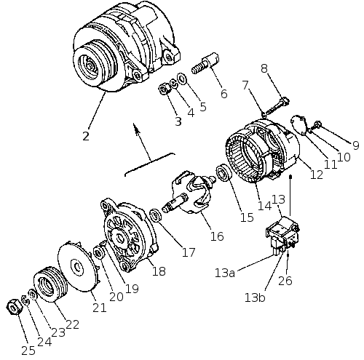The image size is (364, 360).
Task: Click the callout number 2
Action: [86, 136]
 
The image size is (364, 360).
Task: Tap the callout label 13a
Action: [225, 273]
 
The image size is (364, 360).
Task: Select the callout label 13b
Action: [255, 297]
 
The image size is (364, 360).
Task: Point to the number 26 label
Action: [285, 281]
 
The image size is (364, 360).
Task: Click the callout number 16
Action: [217, 236]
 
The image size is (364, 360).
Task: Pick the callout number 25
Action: [28, 351]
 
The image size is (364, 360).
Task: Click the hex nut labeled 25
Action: [15, 307]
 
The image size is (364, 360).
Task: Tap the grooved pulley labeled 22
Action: [50, 284]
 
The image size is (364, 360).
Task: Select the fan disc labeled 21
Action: [79, 266]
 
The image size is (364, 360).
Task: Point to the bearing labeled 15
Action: [223, 172]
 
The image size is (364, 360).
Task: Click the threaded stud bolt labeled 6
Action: [205, 63]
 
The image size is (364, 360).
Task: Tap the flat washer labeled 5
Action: [182, 78]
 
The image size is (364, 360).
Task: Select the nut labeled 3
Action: [165, 89]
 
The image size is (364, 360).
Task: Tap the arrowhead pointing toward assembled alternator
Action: [136, 128]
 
